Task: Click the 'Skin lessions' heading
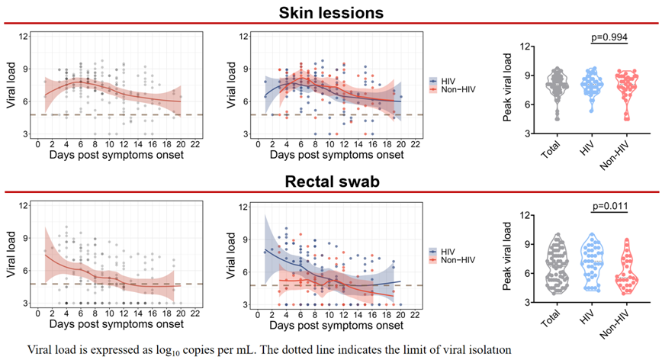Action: (x=331, y=12)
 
